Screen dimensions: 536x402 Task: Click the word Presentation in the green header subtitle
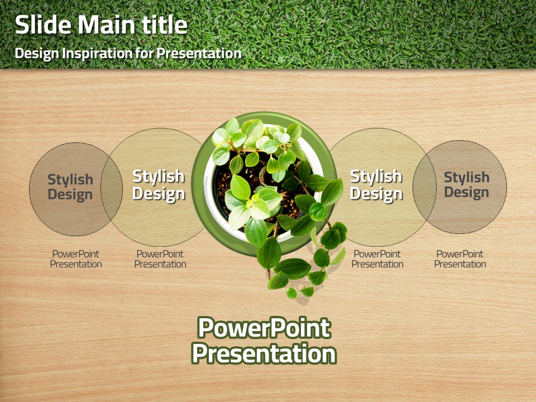pyautogui.click(x=199, y=54)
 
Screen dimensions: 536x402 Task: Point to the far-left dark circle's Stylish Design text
pyautogui.click(x=70, y=186)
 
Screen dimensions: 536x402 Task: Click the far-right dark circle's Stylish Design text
pyautogui.click(x=467, y=185)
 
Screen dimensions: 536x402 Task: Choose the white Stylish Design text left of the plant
pyautogui.click(x=159, y=185)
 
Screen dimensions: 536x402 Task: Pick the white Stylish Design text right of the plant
pyautogui.click(x=376, y=185)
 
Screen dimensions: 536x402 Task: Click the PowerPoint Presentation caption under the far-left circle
pyautogui.click(x=76, y=259)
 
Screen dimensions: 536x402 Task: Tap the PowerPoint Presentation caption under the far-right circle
pyautogui.click(x=460, y=259)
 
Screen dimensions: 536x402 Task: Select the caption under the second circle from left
pyautogui.click(x=160, y=259)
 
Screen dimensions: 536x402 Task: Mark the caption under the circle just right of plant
pyautogui.click(x=377, y=259)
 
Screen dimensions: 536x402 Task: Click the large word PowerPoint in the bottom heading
pyautogui.click(x=264, y=328)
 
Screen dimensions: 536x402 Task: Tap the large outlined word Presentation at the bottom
pyautogui.click(x=264, y=353)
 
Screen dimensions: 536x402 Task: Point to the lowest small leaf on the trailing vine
pyautogui.click(x=291, y=293)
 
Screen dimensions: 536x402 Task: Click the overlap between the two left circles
pyautogui.click(x=112, y=189)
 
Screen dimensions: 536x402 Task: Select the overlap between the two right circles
pyautogui.click(x=424, y=188)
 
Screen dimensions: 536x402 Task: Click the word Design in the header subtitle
pyautogui.click(x=37, y=54)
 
